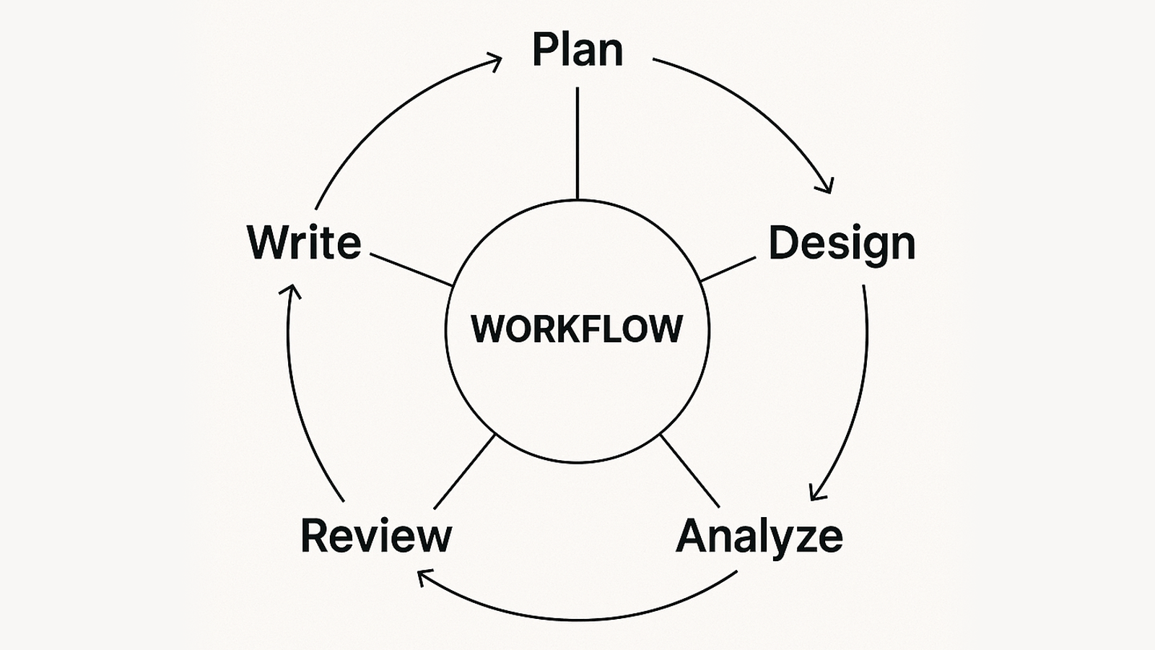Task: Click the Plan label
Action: [577, 50]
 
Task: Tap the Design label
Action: [841, 244]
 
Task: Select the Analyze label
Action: [759, 536]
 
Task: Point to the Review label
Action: [375, 536]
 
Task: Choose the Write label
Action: [304, 242]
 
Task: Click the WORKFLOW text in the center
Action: [577, 329]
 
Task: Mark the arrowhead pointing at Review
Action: [423, 576]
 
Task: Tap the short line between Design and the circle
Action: [728, 269]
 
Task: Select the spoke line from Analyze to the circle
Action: [689, 470]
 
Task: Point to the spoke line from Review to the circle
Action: [465, 471]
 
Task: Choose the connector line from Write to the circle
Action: [411, 270]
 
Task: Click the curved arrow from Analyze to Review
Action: [577, 619]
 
